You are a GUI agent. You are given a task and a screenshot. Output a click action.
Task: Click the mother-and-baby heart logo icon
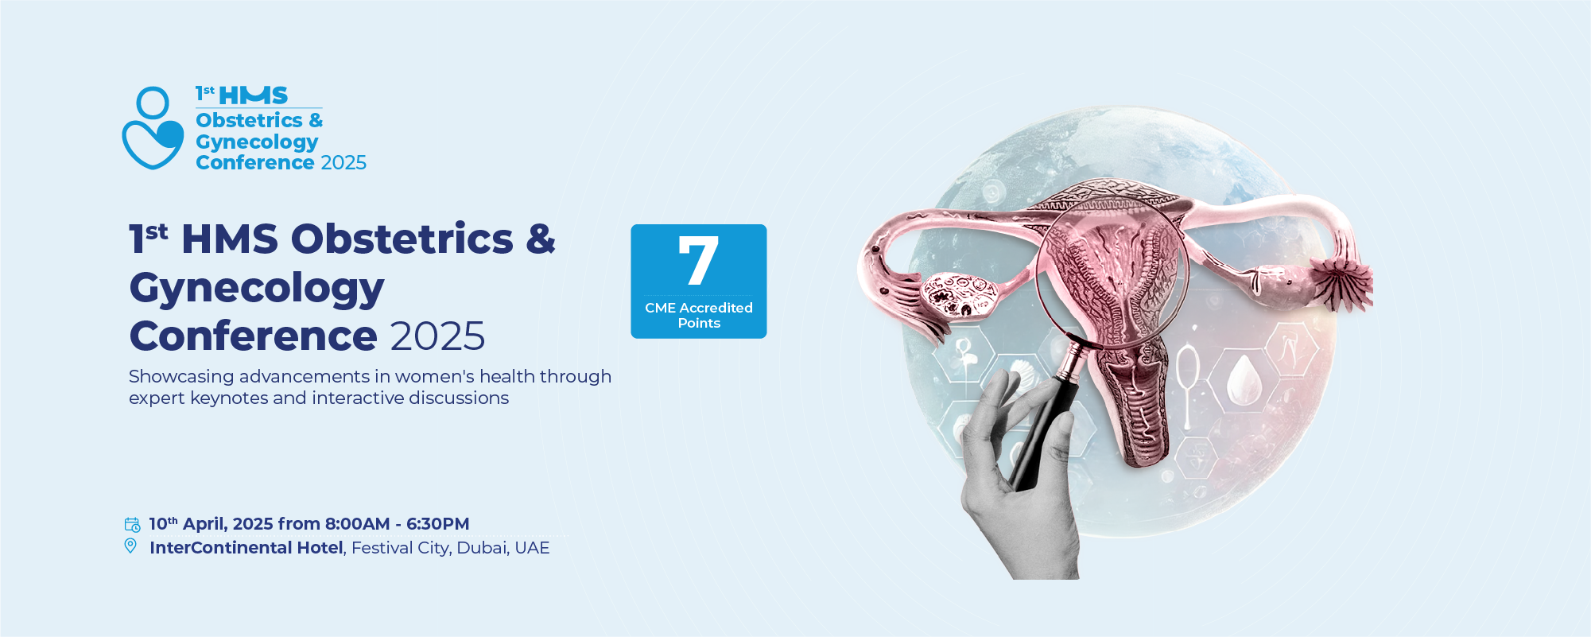153,128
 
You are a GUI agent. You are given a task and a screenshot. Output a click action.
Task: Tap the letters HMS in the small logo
253,95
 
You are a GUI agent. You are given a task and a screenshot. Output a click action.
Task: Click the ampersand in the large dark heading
541,239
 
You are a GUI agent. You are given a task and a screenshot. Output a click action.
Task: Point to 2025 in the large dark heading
438,336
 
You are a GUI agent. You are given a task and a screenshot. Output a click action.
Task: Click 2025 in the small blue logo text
343,162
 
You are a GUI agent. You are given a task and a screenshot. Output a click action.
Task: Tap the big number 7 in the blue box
698,260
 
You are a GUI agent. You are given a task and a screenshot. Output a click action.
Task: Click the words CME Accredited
699,308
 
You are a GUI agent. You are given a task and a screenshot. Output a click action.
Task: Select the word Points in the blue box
699,323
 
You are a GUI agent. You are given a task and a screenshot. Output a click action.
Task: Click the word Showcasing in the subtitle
181,377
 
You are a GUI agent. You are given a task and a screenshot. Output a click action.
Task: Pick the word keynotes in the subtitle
229,398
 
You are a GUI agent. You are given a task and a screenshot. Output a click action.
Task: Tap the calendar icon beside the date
132,524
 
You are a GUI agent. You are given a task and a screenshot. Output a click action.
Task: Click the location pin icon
130,546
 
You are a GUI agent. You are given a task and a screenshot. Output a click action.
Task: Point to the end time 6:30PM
438,523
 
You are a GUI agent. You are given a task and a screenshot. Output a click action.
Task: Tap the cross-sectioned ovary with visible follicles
958,293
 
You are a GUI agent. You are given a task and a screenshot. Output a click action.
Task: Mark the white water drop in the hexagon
1244,379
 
